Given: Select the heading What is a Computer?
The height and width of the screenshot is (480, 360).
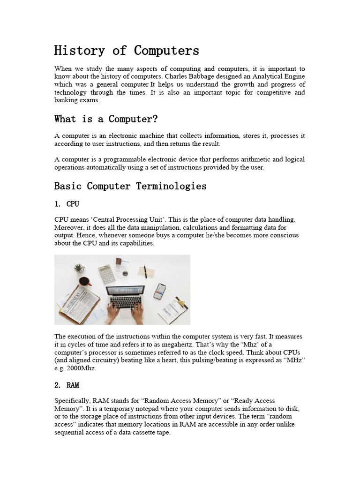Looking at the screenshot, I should click(106, 119).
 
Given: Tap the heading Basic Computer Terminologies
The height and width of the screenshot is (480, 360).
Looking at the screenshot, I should click(130, 186).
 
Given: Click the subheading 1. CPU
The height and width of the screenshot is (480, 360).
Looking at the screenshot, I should click(67, 204).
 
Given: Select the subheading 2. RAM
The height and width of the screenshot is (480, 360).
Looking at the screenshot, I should click(67, 385).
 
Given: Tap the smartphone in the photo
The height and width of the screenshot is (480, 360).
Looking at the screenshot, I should click(160, 291).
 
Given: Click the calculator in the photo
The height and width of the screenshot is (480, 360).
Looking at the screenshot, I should click(107, 274).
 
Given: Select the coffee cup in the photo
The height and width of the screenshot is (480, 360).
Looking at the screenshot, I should click(84, 282).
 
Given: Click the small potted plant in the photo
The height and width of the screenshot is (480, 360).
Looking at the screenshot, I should click(79, 268).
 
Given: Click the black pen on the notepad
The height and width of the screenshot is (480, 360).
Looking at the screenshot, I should click(145, 271).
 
